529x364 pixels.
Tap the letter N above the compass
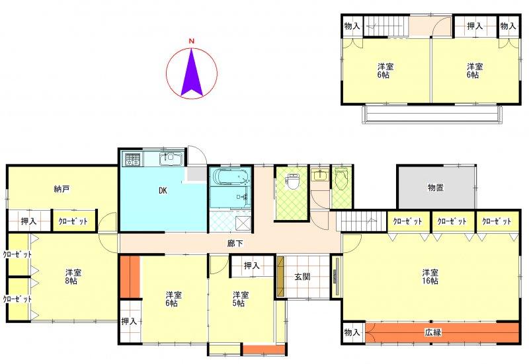[192, 42]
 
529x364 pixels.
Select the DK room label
[163, 190]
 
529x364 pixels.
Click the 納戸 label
[61, 189]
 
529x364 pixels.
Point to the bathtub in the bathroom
[231, 176]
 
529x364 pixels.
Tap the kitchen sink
[171, 159]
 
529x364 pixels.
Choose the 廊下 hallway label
[235, 243]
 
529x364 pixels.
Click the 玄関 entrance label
[302, 277]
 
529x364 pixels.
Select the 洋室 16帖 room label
[430, 276]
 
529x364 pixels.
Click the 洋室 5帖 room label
[241, 299]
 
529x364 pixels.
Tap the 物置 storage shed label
[435, 188]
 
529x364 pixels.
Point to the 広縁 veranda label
[433, 332]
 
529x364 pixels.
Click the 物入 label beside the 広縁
[352, 332]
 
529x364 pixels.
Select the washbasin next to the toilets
[319, 175]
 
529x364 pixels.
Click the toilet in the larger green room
[292, 181]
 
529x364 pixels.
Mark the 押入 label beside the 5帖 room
[252, 266]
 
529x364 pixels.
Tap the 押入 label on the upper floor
[475, 26]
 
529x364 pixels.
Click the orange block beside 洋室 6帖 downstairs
[130, 277]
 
